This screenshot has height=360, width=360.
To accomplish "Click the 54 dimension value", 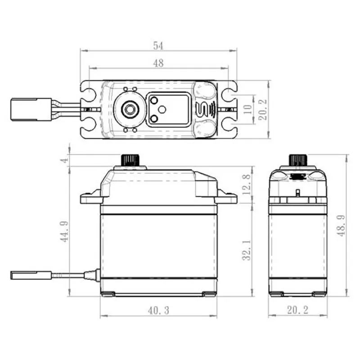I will (x=158, y=45).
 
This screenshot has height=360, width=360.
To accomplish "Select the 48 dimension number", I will (x=158, y=63).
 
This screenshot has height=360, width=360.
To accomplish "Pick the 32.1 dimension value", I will (x=246, y=250).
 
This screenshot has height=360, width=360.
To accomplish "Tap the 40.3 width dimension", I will (x=158, y=310).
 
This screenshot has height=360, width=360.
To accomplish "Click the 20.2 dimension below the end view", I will (x=297, y=310).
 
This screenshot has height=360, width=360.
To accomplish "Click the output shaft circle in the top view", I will (x=130, y=108).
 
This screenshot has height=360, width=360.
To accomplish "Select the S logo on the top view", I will (x=203, y=109).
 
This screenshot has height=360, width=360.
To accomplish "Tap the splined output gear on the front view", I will (x=130, y=160).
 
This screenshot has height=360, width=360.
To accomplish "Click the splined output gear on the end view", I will (x=297, y=160).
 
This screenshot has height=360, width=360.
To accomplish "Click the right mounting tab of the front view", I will (x=226, y=198).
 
